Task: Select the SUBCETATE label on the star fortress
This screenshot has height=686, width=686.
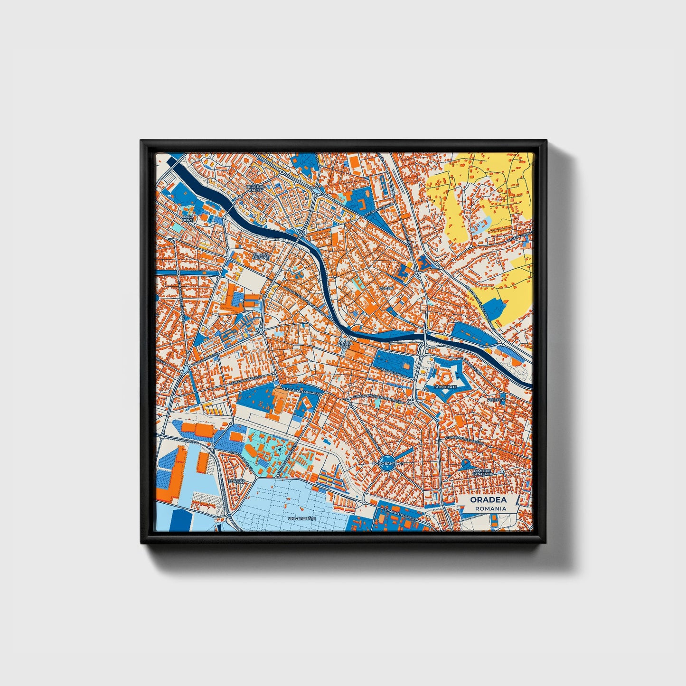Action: [445, 387]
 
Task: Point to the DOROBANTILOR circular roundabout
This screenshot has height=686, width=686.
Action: [388, 463]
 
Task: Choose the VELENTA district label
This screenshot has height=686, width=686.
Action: [496, 400]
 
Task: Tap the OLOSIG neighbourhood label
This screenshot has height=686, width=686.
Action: [386, 288]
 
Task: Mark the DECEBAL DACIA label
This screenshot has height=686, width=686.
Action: [254, 188]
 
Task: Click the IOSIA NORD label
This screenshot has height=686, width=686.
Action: [188, 218]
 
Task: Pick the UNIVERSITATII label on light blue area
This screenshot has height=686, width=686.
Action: [301, 519]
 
